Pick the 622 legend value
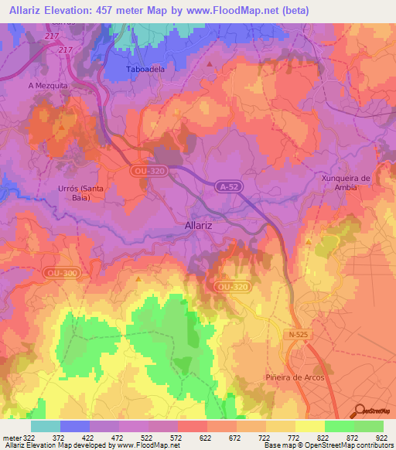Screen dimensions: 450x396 pos(207,437)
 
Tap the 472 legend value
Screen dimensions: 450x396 pos(118,437)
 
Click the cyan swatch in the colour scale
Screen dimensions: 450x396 pos(46,426)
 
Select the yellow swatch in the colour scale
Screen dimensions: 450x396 pos(310,426)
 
